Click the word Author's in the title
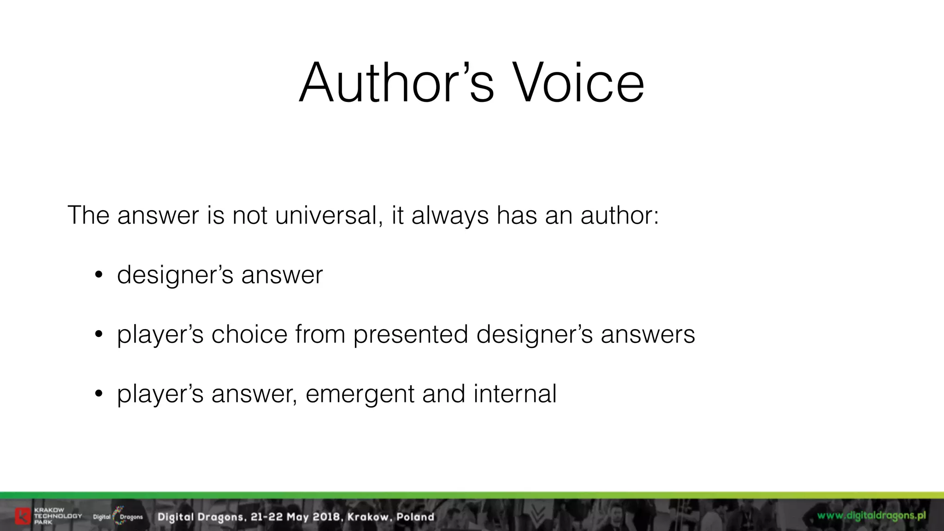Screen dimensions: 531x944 click(397, 83)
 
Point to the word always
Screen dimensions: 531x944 click(449, 215)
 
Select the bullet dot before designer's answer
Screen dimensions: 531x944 click(98, 276)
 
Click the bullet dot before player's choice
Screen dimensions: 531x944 click(98, 335)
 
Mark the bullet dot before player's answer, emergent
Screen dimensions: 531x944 click(98, 395)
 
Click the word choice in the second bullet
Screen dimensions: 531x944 click(249, 334)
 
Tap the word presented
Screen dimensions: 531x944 click(411, 334)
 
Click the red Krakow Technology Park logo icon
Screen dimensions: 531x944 click(23, 516)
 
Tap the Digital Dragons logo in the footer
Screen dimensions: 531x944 click(118, 516)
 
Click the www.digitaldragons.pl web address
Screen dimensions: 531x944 click(871, 516)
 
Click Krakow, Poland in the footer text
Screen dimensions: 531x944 click(390, 517)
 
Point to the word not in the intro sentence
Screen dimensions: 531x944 click(250, 215)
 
